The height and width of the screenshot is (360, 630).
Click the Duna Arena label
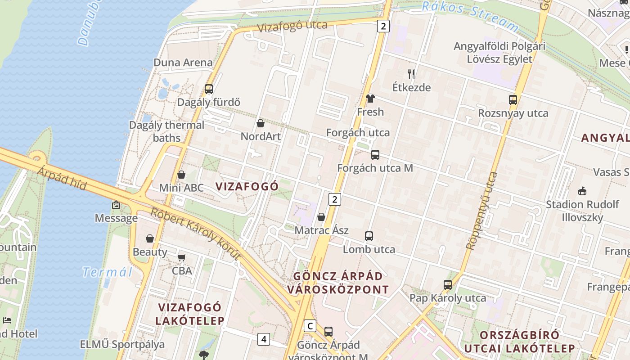(x=183, y=63)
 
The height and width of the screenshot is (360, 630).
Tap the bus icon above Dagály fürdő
(x=208, y=89)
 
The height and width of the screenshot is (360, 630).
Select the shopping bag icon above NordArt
(x=260, y=123)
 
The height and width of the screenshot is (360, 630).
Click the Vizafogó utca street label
(x=292, y=26)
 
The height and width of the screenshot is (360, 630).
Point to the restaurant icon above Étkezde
(x=411, y=74)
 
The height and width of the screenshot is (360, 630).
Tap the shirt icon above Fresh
(x=370, y=99)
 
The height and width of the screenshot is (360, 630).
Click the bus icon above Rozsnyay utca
(x=513, y=100)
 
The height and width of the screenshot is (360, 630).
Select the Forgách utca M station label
(x=375, y=168)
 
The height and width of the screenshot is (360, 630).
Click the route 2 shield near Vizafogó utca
(x=383, y=26)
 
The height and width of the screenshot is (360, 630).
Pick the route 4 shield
(x=264, y=339)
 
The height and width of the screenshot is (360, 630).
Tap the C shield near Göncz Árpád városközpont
(x=310, y=325)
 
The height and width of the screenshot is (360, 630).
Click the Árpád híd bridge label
(x=62, y=179)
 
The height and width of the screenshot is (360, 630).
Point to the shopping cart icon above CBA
(x=181, y=257)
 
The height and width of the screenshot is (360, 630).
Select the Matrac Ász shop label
(x=321, y=230)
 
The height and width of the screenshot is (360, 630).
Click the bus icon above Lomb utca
(x=369, y=236)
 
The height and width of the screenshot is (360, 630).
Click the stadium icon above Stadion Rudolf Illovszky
(x=582, y=191)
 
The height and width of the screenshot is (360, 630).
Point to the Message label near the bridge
(x=116, y=218)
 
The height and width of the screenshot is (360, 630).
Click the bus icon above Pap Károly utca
(x=447, y=285)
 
